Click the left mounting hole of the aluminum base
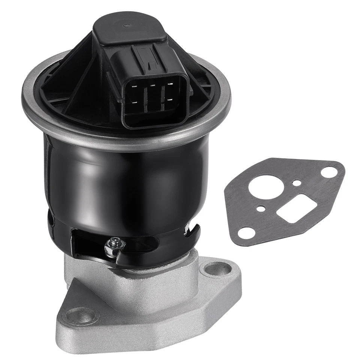[79, 315]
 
